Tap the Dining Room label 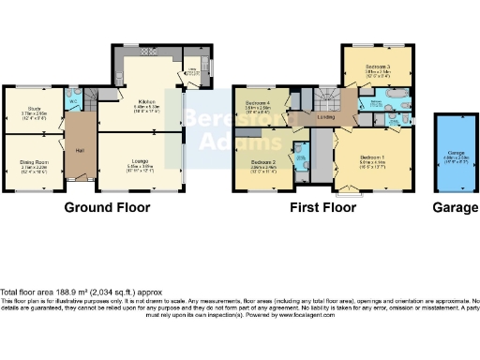[x=34, y=162]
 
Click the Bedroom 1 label [x=371, y=159]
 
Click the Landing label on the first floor [x=325, y=116]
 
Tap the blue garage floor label [x=452, y=156]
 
